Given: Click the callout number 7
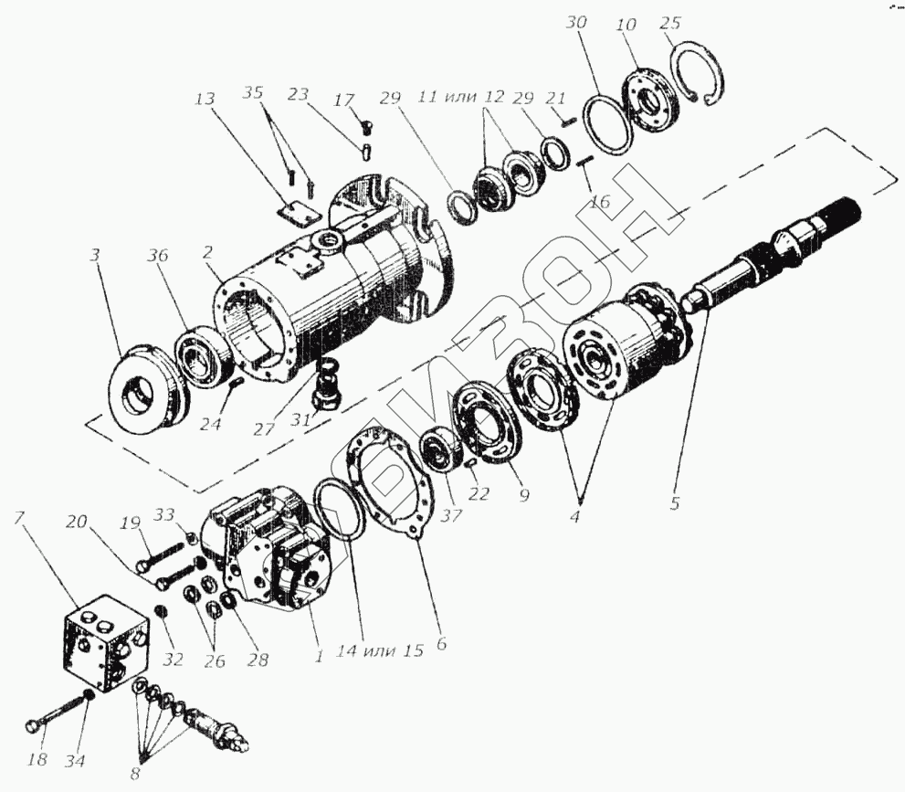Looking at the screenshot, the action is (x=19, y=520).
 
